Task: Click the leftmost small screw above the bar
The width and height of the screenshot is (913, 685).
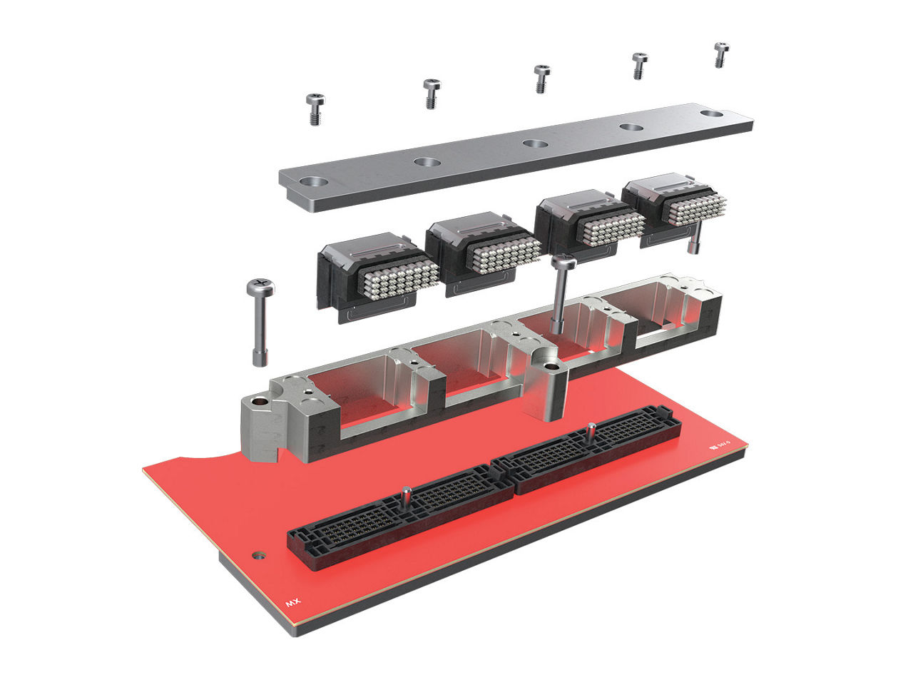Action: pos(315,108)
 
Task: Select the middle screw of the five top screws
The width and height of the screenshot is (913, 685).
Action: pos(542,77)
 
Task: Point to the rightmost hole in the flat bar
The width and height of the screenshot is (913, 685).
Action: pos(711,113)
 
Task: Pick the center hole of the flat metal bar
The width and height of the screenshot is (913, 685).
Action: pos(534,143)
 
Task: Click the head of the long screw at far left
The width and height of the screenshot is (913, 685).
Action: pos(260,288)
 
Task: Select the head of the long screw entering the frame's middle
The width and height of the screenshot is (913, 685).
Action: pos(563,263)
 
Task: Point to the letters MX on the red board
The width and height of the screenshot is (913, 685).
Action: pos(293,602)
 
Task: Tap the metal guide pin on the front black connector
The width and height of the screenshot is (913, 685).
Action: pos(406,494)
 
